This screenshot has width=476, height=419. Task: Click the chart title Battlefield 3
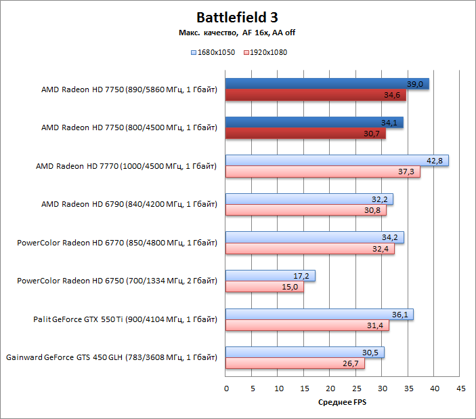tap(237, 17)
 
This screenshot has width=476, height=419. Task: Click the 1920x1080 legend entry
tap(266, 52)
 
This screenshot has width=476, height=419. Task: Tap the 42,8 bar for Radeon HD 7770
tap(337, 161)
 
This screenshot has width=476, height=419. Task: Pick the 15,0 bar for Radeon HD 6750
tap(265, 287)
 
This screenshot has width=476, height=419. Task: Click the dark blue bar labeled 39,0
tap(327, 84)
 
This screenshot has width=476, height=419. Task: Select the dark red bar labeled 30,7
tap(305, 134)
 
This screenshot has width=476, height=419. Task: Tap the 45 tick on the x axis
tap(460, 388)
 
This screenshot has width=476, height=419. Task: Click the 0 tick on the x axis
tap(226, 388)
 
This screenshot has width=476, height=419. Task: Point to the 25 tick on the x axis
tap(356, 388)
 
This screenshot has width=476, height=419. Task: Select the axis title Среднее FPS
tap(343, 403)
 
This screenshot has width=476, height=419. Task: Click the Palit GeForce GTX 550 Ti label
tap(125, 319)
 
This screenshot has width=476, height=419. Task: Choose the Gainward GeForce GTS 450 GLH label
tap(112, 357)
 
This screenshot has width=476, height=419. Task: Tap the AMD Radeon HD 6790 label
tap(129, 203)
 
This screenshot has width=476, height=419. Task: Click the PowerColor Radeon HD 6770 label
tap(117, 242)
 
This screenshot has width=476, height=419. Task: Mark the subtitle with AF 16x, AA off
tap(237, 33)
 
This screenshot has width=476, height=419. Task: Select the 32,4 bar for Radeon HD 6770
tap(309, 249)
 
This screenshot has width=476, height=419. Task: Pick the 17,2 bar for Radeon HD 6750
tap(270, 276)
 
